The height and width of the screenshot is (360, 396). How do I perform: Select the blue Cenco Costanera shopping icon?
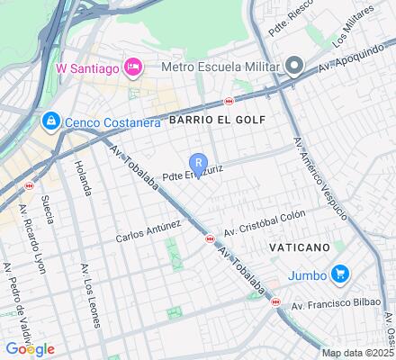click(x=50, y=120)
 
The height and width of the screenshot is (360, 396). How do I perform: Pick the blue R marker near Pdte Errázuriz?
click(x=198, y=162)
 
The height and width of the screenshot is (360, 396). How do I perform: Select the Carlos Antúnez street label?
click(x=148, y=232)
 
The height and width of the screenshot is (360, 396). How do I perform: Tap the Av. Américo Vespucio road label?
click(x=320, y=181)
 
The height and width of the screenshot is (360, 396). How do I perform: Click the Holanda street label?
click(x=83, y=177)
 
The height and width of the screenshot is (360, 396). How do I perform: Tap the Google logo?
click(x=30, y=348)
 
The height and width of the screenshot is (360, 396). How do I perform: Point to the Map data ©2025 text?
click(x=358, y=353)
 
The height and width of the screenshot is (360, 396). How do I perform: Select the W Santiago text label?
click(x=87, y=67)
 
